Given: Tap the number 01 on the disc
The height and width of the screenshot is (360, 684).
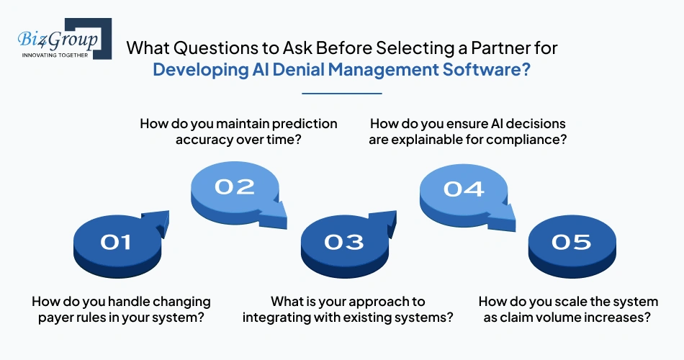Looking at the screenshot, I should [116, 243].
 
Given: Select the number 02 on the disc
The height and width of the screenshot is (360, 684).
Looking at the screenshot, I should [235, 187].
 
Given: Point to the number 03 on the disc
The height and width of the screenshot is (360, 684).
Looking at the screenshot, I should [343, 243].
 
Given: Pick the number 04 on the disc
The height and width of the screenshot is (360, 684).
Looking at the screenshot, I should [463, 189].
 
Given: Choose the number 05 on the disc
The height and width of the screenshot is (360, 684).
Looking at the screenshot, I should [571, 243].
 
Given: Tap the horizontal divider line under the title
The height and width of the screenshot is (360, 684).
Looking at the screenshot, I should [341, 94].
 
